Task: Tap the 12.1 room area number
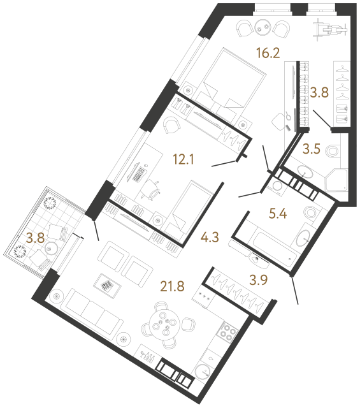pyautogui.click(x=184, y=159)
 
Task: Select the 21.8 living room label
pyautogui.click(x=173, y=286)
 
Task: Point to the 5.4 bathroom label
pyautogui.click(x=278, y=214)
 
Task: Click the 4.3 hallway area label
pyautogui.click(x=210, y=237)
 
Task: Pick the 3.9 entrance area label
pyautogui.click(x=259, y=280)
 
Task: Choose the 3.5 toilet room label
pyautogui.click(x=312, y=149)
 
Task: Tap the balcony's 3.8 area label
pyautogui.click(x=36, y=238)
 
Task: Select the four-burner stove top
pyautogui.click(x=227, y=331)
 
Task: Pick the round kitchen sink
pyautogui.click(x=203, y=372)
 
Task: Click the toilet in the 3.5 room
pyautogui.click(x=333, y=150)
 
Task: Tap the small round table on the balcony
pyautogui.click(x=49, y=248)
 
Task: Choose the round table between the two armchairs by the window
pyautogui.click(x=263, y=27)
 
